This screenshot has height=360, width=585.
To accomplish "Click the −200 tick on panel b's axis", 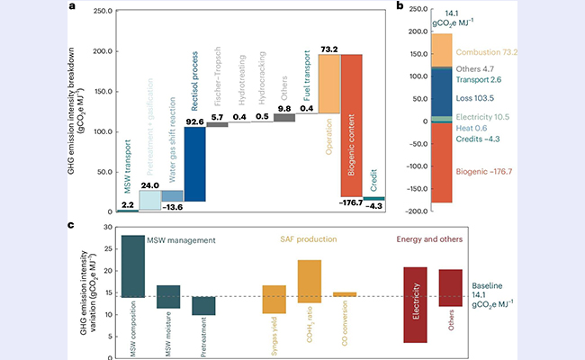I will (417, 211).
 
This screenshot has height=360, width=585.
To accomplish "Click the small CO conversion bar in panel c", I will (345, 294).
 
